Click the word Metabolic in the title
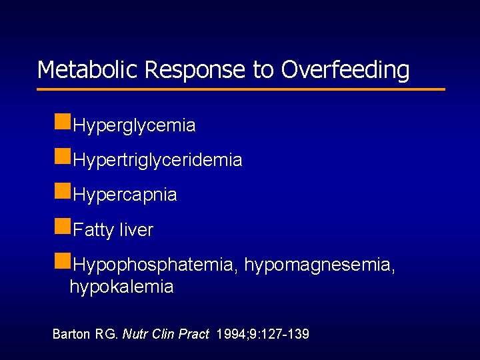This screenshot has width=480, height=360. point(87,69)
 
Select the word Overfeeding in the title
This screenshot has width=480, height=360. point(345,69)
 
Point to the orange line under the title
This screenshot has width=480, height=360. point(241,89)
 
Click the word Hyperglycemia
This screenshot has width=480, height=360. point(134,125)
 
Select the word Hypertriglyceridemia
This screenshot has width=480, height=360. point(157,161)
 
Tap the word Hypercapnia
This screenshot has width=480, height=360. point(125,195)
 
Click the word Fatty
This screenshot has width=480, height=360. point(93,231)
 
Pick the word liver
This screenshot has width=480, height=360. point(136,231)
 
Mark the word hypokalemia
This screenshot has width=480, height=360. point(121,287)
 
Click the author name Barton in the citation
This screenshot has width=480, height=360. point(71,334)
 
